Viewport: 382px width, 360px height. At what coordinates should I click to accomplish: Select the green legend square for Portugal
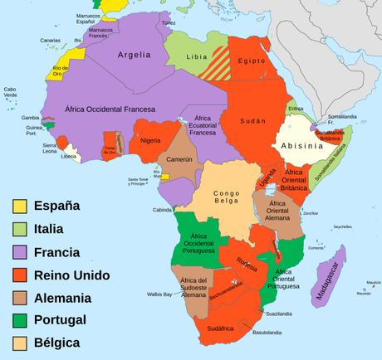pyautogui.click(x=19, y=319)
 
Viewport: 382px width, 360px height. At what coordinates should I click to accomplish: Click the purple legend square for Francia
pyautogui.click(x=19, y=251)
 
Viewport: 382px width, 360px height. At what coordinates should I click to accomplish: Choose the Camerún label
pyautogui.click(x=179, y=158)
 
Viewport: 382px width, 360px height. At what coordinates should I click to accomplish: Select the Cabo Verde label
pyautogui.click(x=10, y=93)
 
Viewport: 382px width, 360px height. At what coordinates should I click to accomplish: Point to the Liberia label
pyautogui.click(x=70, y=156)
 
